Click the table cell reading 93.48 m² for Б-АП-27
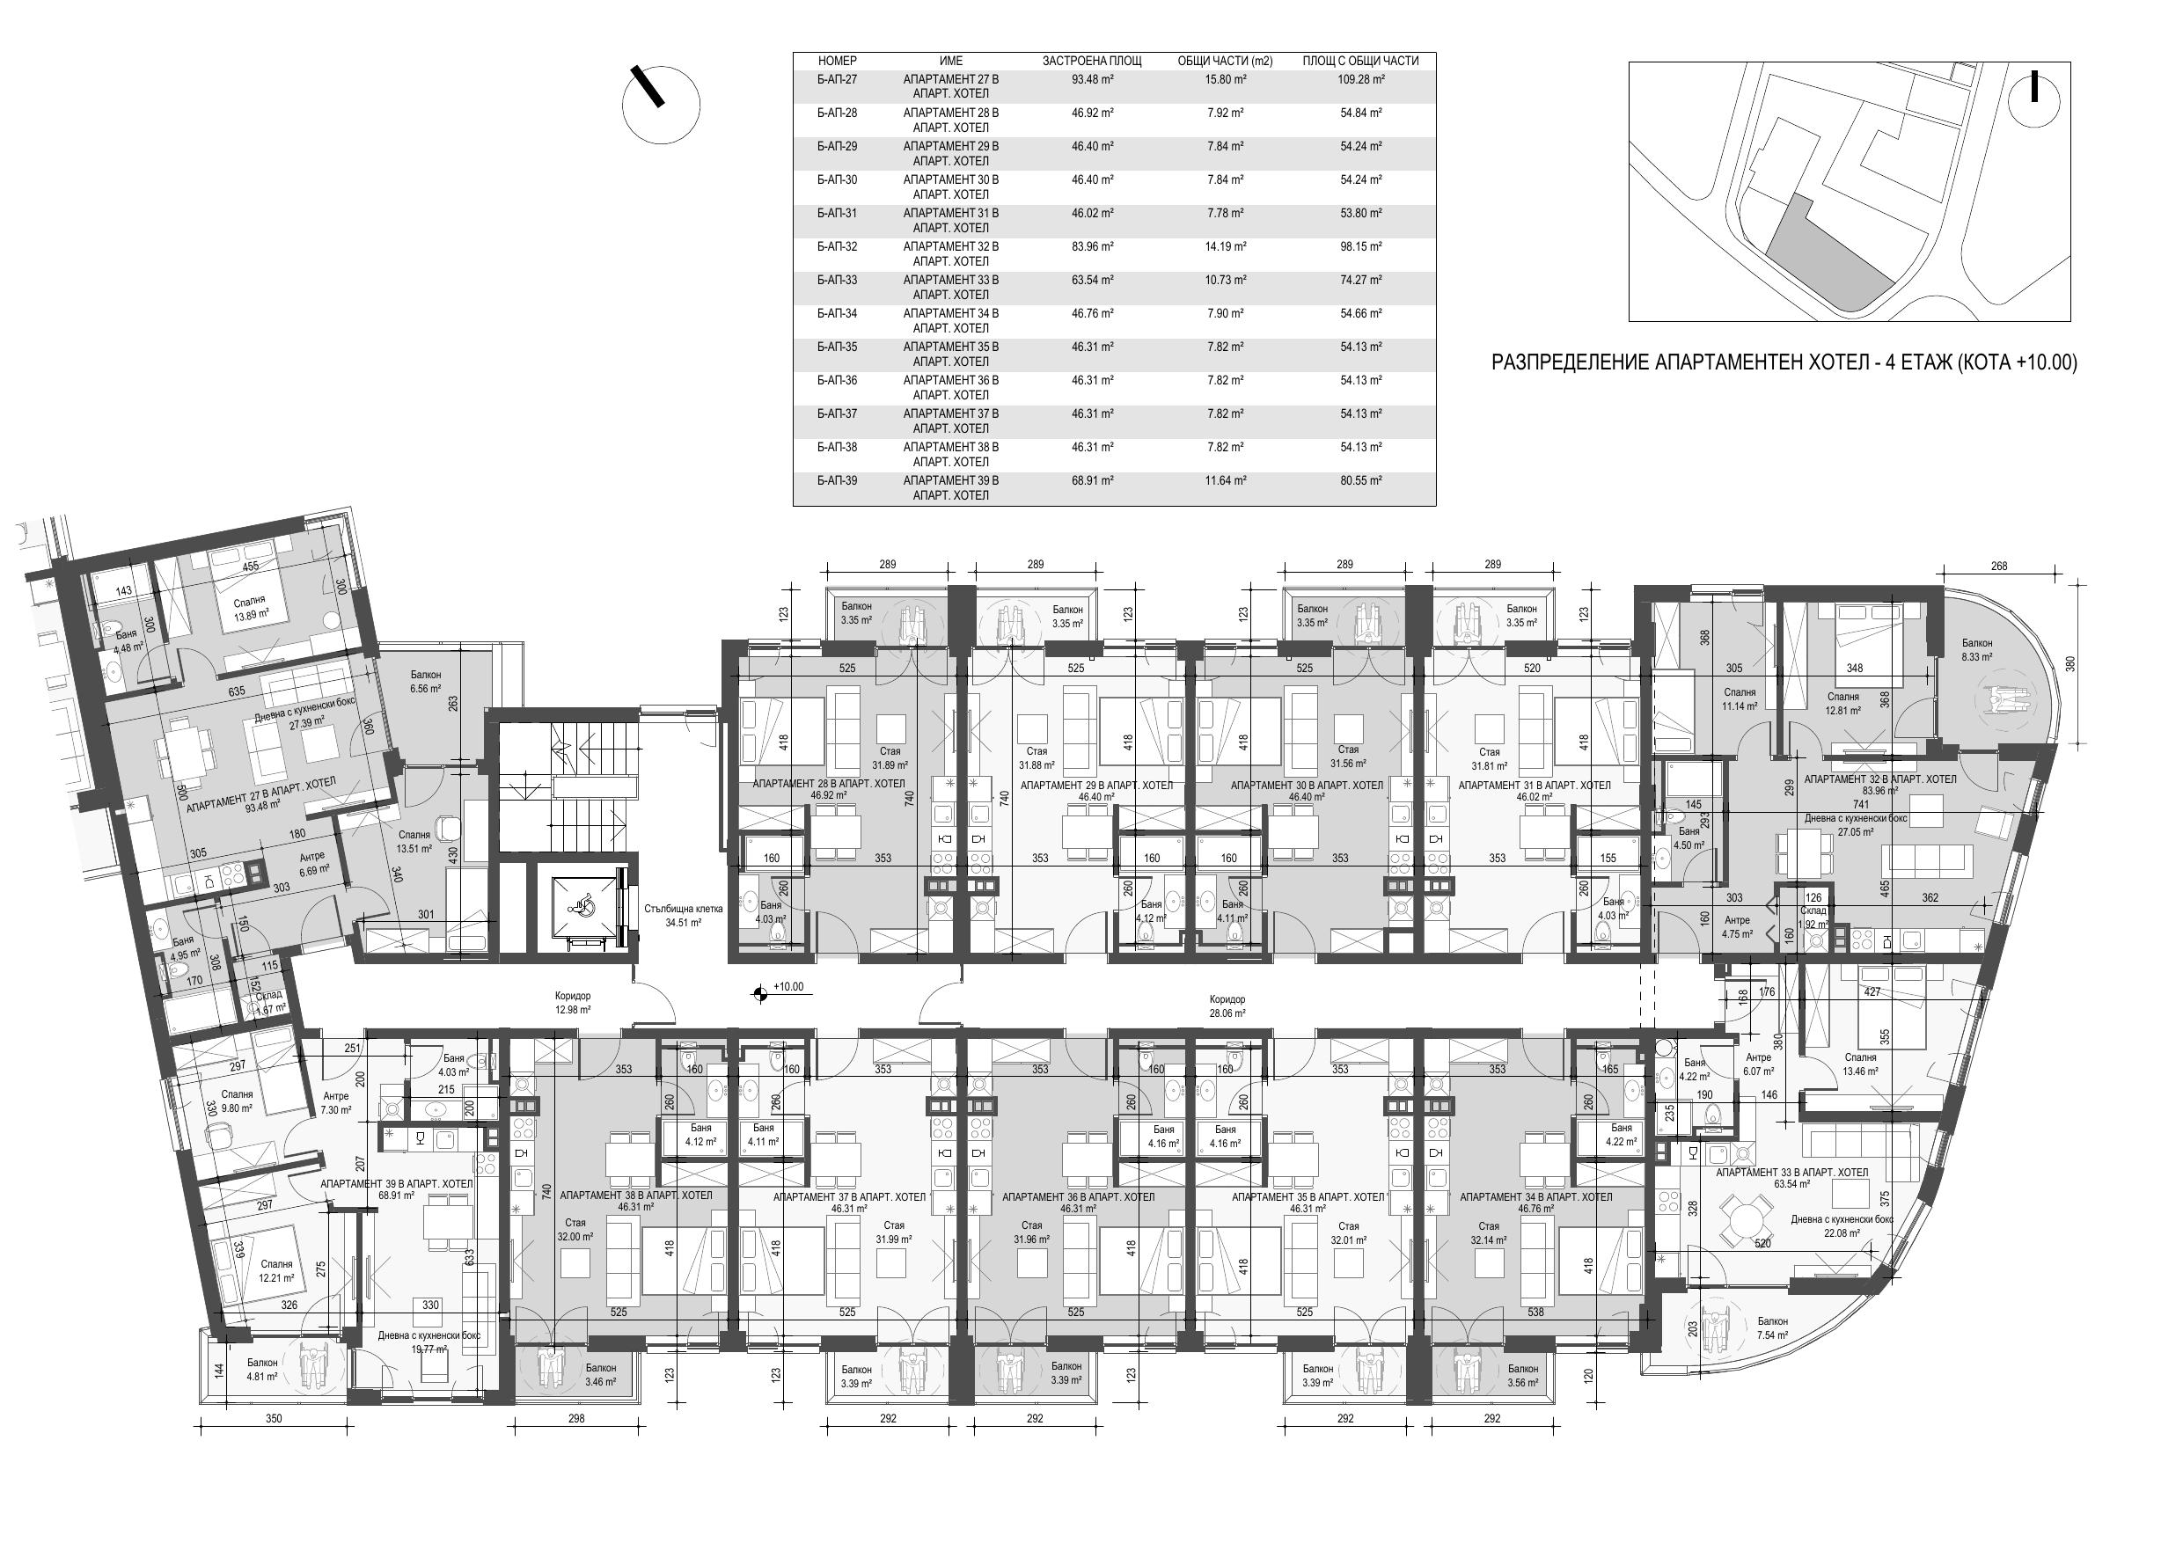tap(1093, 80)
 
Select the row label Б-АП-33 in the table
tap(837, 281)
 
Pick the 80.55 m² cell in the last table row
tap(1360, 481)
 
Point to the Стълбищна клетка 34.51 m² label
tap(683, 915)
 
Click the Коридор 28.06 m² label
tap(1227, 1006)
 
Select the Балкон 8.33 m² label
tap(1977, 649)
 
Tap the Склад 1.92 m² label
tap(1813, 917)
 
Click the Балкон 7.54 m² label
tap(1772, 1328)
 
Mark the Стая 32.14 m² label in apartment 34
tap(1489, 1233)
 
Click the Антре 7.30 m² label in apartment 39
tap(335, 1103)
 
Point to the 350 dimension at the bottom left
tap(274, 1418)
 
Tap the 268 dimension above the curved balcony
tap(1998, 567)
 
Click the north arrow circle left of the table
tap(662, 106)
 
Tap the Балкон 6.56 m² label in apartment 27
tap(425, 682)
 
